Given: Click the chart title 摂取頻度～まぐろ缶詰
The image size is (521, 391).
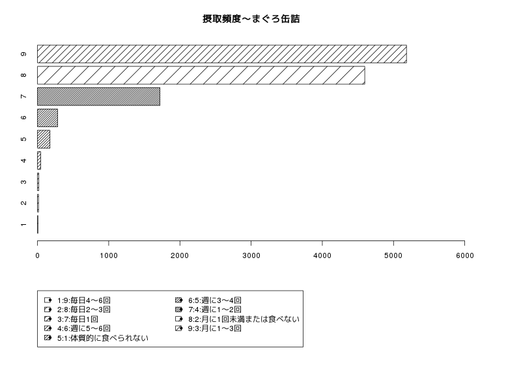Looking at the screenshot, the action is coord(251,19).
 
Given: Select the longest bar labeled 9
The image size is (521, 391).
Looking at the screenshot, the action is coord(222,54).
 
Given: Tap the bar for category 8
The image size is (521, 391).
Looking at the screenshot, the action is coord(201,75).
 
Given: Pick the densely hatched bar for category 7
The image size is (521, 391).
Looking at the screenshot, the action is coord(99,96).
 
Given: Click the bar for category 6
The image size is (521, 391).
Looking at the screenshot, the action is coord(48,118).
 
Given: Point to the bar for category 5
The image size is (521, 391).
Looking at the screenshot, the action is coord(44,139).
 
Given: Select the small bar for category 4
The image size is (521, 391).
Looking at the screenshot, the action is coord(39,160).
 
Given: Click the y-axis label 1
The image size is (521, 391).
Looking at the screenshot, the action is coord(23,225).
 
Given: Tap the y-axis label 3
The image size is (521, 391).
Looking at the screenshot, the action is coord(23,182).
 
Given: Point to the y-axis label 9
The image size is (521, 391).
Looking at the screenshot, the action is coord(23,54).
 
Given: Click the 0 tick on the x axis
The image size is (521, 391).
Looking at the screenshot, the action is coord(38,255).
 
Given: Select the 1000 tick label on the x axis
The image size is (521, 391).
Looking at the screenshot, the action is coord(109,255).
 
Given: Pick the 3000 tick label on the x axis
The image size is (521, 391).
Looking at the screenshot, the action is coord(251,255).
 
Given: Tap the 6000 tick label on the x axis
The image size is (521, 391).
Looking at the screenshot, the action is coord(465,255).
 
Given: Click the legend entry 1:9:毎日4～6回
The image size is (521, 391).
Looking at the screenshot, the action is coord(77,300).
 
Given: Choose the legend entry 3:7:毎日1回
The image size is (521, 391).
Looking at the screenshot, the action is coord(71,319).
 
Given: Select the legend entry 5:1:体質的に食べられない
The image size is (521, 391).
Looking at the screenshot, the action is coord(96,338).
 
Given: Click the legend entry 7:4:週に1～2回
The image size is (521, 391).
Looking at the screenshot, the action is coord(208,310).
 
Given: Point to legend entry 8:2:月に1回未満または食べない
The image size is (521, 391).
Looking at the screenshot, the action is coord(237,319).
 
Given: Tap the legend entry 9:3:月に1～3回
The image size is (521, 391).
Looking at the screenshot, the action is coord(208,328).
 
